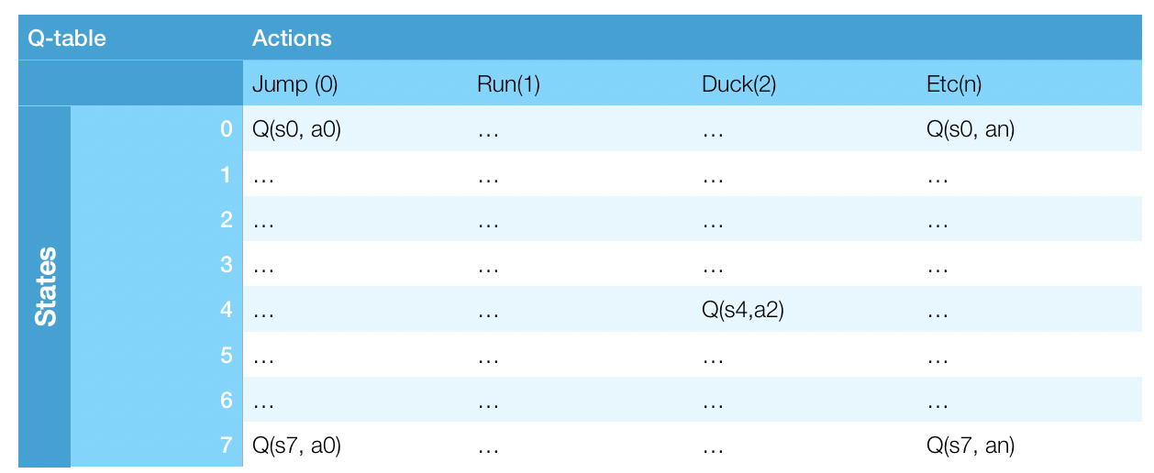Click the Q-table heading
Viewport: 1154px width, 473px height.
pyautogui.click(x=67, y=38)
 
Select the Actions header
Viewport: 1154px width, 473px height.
pyautogui.click(x=292, y=38)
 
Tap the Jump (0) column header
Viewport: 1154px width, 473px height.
pyautogui.click(x=295, y=85)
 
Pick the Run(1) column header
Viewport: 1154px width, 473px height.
pyautogui.click(x=508, y=85)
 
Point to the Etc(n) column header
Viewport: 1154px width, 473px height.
pyautogui.click(x=954, y=85)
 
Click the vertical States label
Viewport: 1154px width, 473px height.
pyautogui.click(x=45, y=286)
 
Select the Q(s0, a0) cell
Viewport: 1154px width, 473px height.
pyautogui.click(x=296, y=130)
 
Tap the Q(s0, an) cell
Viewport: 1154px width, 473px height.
pyautogui.click(x=971, y=130)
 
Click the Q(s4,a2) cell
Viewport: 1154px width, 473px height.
pyautogui.click(x=742, y=311)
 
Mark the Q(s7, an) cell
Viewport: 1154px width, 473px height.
pyautogui.click(x=971, y=446)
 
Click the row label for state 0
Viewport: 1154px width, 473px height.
pyautogui.click(x=227, y=130)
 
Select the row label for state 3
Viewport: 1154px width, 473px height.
pyautogui.click(x=227, y=266)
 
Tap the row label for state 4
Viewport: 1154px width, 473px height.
pyautogui.click(x=227, y=311)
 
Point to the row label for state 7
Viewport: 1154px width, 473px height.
pyautogui.click(x=227, y=446)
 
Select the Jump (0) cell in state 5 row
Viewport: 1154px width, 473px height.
pyautogui.click(x=264, y=357)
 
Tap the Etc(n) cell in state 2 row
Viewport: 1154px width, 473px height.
pyautogui.click(x=938, y=221)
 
